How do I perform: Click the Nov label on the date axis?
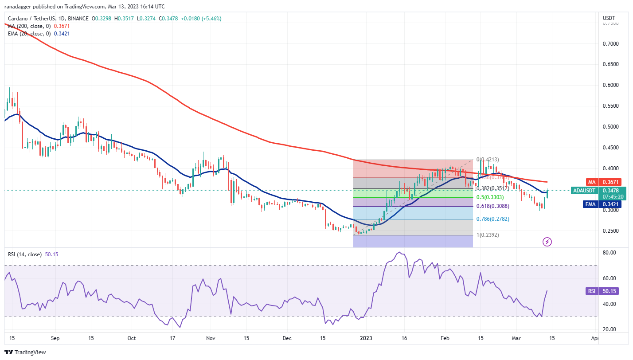(x=211, y=338)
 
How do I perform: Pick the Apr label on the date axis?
(x=595, y=338)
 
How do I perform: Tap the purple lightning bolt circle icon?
(x=547, y=242)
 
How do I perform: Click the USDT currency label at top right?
(x=609, y=18)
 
